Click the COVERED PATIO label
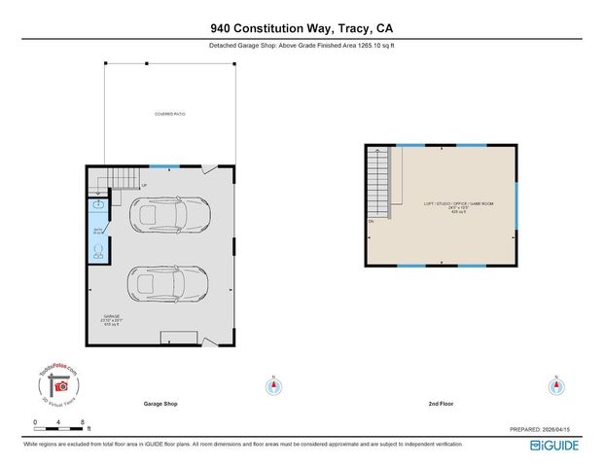click(169, 115)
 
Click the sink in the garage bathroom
click(98, 205)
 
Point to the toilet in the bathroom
click(98, 250)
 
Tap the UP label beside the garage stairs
click(144, 185)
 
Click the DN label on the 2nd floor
click(372, 223)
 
